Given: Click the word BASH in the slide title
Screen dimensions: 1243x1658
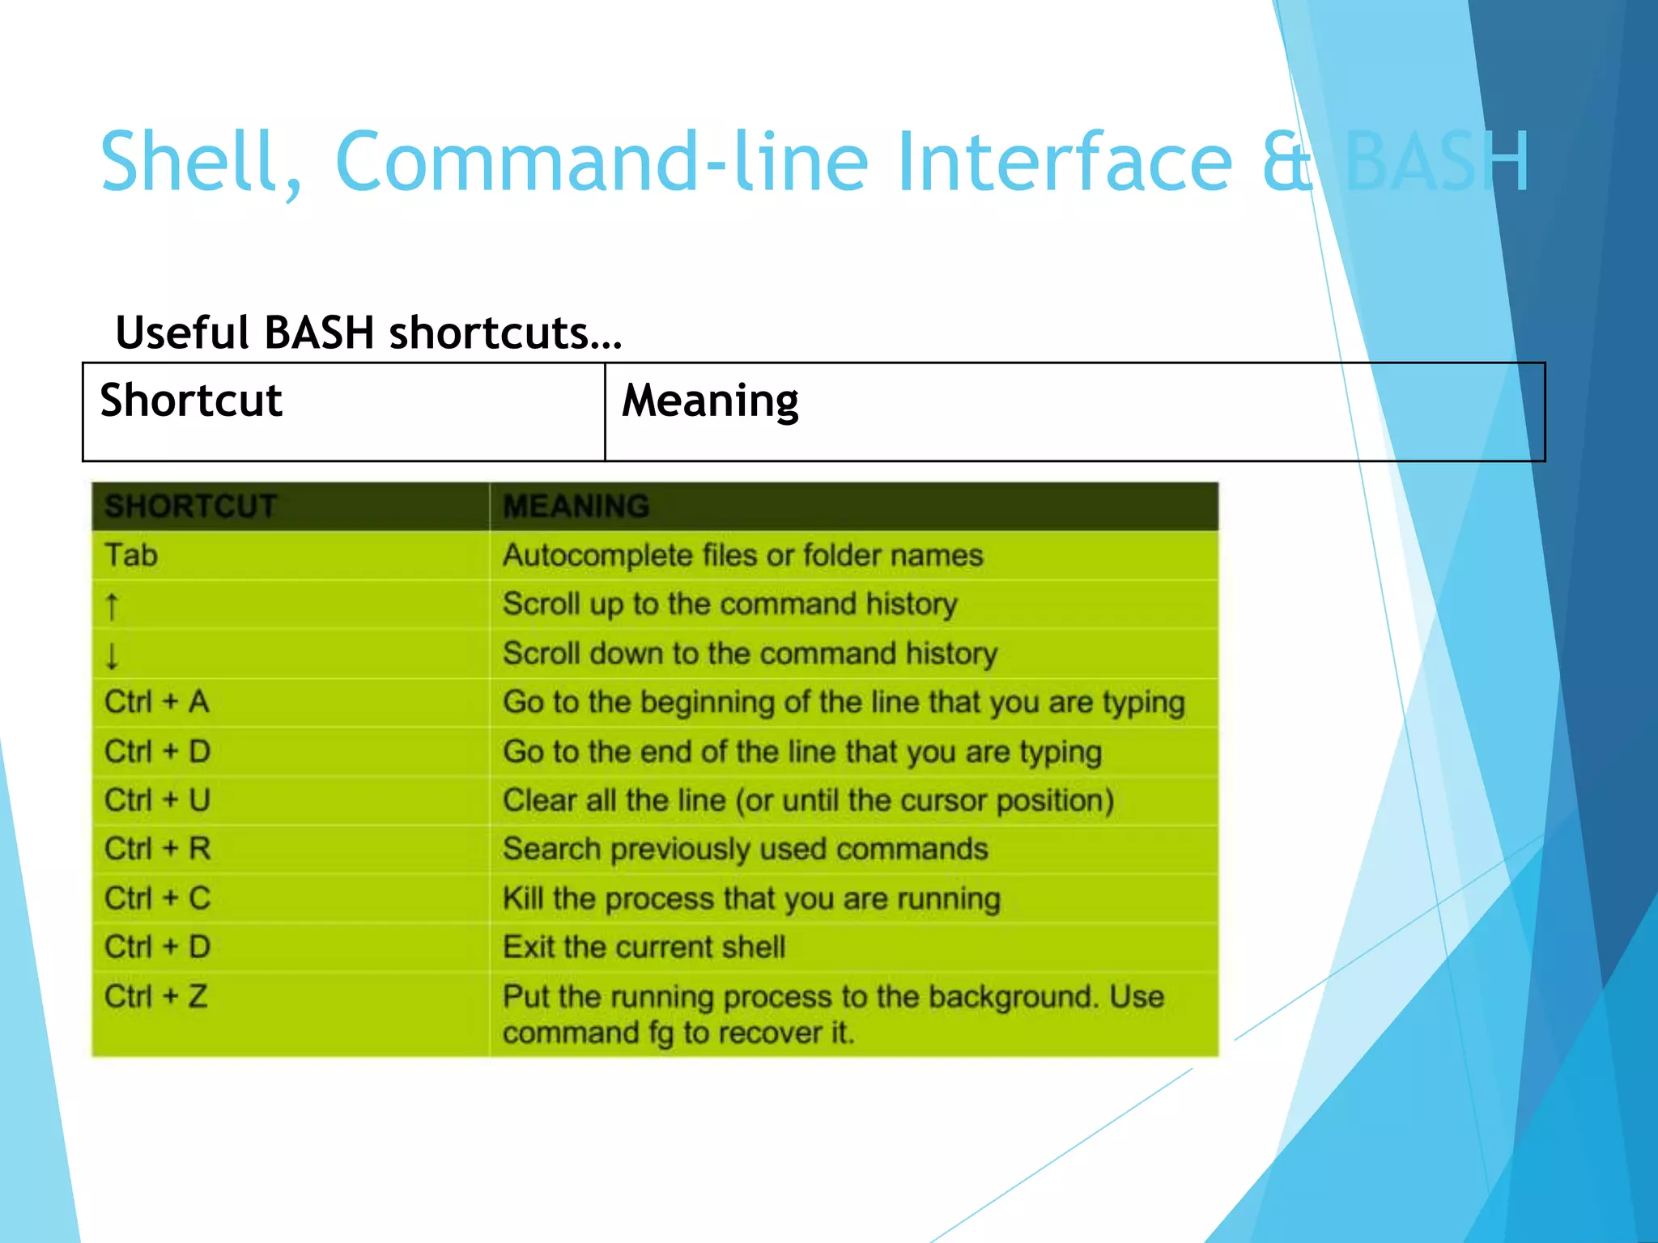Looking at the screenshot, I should pyautogui.click(x=1437, y=162).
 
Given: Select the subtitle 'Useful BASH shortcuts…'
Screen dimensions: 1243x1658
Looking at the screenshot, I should pyautogui.click(x=368, y=333).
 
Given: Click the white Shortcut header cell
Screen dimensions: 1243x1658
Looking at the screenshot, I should pyautogui.click(x=191, y=401).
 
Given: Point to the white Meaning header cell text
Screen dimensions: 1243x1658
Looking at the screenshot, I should pyautogui.click(x=710, y=401).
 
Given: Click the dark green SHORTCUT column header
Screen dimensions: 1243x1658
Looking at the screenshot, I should pyautogui.click(x=191, y=507).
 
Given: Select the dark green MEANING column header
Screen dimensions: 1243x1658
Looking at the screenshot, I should pyautogui.click(x=576, y=507).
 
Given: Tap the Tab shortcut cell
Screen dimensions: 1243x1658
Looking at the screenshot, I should pyautogui.click(x=131, y=556).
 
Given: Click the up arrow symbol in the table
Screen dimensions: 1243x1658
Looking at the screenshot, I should pyautogui.click(x=113, y=606).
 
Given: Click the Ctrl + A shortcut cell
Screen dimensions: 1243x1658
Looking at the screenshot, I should pyautogui.click(x=157, y=702).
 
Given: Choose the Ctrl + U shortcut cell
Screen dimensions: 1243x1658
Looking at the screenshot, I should pyautogui.click(x=157, y=800).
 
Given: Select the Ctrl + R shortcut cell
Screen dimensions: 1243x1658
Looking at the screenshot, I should pyautogui.click(x=157, y=849).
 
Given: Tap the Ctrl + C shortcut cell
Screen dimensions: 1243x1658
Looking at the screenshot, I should pyautogui.click(x=157, y=898).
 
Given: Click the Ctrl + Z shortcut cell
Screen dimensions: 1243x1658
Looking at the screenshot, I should pyautogui.click(x=156, y=996).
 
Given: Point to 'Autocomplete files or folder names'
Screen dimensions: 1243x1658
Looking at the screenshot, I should pyautogui.click(x=742, y=556).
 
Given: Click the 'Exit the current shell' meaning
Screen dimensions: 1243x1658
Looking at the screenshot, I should pyautogui.click(x=644, y=947).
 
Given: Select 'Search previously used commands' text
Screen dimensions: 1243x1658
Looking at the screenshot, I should pyautogui.click(x=745, y=849).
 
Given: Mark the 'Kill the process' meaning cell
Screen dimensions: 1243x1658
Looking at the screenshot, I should pyautogui.click(x=751, y=898).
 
